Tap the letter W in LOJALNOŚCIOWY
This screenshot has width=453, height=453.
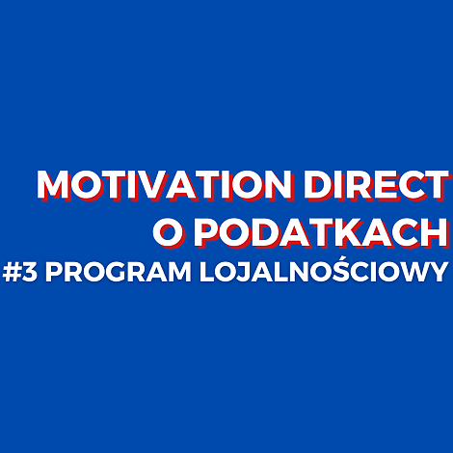(410, 273)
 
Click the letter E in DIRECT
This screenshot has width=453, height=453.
(384, 185)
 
